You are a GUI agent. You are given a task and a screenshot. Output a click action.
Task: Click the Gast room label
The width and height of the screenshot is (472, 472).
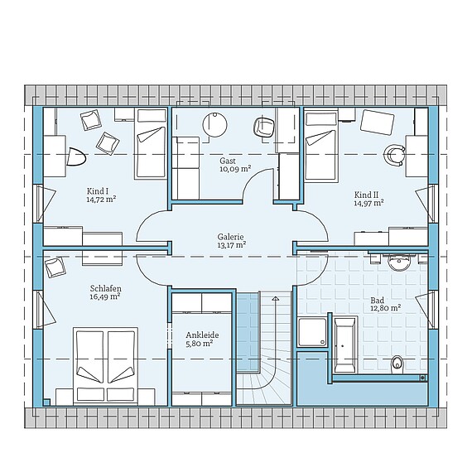click(x=228, y=161)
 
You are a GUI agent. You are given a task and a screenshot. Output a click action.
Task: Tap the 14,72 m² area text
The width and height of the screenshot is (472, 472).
click(x=101, y=200)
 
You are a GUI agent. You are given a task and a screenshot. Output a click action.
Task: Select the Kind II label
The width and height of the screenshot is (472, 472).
click(x=366, y=195)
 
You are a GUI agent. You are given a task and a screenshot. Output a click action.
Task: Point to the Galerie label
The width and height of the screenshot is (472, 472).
click(x=230, y=237)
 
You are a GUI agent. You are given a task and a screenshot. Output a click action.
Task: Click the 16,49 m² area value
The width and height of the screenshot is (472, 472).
click(x=105, y=296)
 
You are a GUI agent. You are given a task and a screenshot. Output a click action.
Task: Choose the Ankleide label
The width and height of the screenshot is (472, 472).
click(x=202, y=335)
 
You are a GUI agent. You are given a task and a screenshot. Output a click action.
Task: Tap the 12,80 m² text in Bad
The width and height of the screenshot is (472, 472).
click(x=385, y=308)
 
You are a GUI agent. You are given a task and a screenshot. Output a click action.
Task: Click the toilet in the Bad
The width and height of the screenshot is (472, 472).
click(x=397, y=365)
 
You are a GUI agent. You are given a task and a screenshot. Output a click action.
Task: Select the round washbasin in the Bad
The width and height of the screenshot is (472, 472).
click(x=399, y=262)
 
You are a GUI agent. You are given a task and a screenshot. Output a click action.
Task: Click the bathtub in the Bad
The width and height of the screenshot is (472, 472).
click(x=344, y=344)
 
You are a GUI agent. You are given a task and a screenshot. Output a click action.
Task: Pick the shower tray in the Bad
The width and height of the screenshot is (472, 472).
click(x=312, y=332)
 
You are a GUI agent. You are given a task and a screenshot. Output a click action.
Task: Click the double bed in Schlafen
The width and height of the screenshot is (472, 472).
click(x=105, y=366)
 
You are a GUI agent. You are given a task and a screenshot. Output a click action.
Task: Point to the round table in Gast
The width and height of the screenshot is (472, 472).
click(x=214, y=124)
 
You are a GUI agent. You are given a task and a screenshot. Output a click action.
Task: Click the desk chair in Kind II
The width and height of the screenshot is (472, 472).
click(x=395, y=155)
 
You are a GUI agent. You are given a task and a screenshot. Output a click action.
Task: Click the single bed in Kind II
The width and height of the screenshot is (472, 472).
click(x=321, y=146)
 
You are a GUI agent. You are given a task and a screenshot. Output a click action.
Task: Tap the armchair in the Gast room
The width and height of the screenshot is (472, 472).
click(x=264, y=127)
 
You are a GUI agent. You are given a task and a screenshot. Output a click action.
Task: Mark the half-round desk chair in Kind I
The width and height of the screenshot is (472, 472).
click(x=76, y=157)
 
